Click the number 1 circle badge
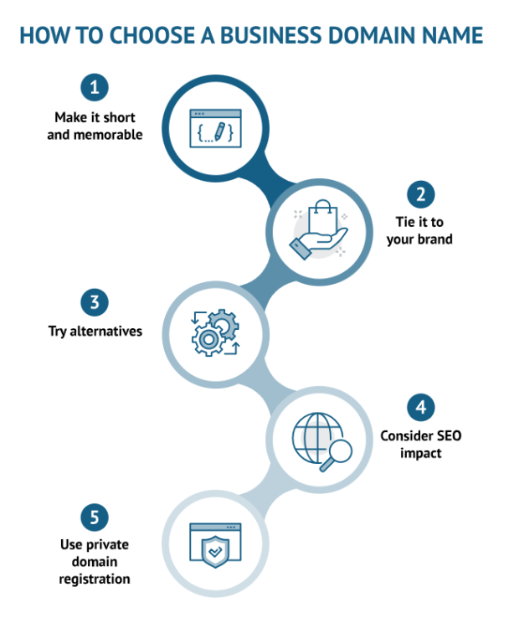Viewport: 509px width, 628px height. (x=95, y=86)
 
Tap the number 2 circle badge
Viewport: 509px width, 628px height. (x=421, y=194)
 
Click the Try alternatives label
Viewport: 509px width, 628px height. (x=95, y=332)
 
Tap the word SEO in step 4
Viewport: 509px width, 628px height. (x=445, y=436)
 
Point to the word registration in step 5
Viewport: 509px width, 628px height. (x=95, y=578)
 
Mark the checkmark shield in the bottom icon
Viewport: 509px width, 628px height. (x=216, y=553)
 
